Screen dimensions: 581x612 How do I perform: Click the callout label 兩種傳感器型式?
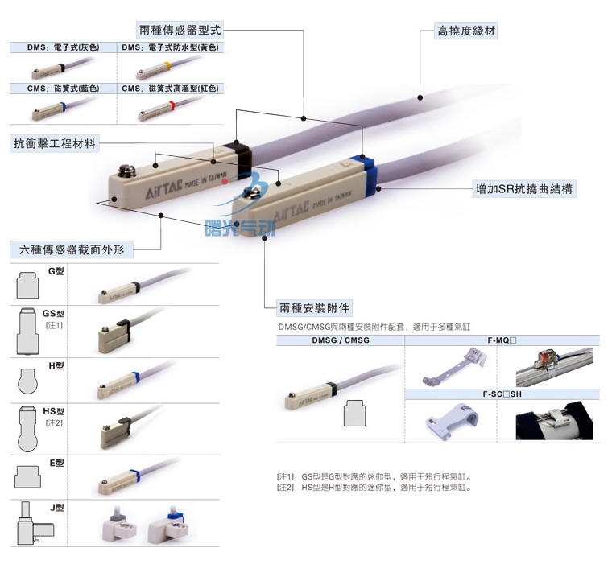point(180,31)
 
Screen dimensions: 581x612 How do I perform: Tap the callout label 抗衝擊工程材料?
point(55,144)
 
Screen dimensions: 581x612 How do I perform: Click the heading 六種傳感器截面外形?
point(72,249)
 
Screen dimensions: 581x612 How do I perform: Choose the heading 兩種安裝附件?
point(314,308)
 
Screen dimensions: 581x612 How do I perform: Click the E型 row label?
point(56,463)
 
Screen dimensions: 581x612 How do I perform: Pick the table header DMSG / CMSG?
point(340,341)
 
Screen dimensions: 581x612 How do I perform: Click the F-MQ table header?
point(500,341)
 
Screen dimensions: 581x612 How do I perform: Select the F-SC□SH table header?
point(500,394)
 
